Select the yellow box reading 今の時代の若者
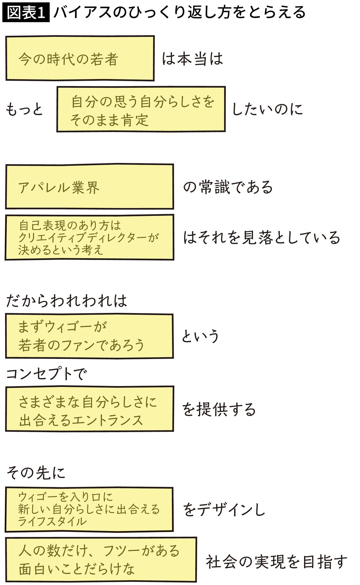[80, 58]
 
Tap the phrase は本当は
[192, 59]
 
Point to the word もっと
[24, 109]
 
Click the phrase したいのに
[267, 109]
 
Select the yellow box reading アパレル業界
[89, 187]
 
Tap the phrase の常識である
[228, 187]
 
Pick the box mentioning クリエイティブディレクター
[89, 237]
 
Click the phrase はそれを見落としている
[262, 238]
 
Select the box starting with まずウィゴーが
[89, 336]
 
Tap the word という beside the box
[200, 336]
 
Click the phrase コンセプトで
[46, 374]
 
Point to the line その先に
[36, 473]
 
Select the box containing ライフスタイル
[89, 509]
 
